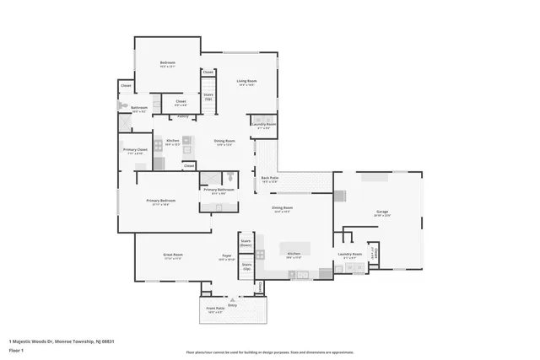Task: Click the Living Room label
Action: [246, 80]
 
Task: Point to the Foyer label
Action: [227, 254]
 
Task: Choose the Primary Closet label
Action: [135, 149]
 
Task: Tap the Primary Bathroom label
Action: [219, 190]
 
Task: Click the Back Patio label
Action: [269, 177]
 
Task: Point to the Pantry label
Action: [182, 116]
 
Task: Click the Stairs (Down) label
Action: [247, 242]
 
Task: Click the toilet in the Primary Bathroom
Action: [228, 178]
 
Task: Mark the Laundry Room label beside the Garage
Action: [349, 253]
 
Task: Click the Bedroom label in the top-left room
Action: [167, 63]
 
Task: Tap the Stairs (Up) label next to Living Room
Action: [208, 96]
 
